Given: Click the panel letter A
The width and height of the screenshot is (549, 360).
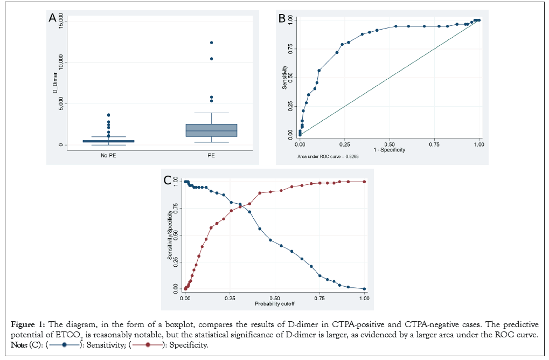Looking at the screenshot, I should [x=52, y=18].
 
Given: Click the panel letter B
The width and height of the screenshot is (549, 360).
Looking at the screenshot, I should [x=281, y=18].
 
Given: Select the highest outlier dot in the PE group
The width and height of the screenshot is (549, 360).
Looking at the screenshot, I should [x=211, y=43].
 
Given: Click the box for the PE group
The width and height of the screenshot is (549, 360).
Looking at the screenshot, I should [x=211, y=130].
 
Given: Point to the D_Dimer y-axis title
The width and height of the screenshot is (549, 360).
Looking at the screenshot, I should [x=54, y=86].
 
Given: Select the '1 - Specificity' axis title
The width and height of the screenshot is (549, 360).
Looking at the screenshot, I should [x=389, y=150].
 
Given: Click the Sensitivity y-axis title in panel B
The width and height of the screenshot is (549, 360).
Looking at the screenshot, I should [x=285, y=77].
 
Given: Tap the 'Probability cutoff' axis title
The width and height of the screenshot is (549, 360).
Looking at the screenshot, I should [x=275, y=304].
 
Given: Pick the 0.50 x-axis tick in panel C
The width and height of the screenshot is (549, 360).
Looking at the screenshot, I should [x=275, y=298].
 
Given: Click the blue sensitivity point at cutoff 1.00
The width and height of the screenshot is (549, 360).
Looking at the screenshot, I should [x=365, y=289].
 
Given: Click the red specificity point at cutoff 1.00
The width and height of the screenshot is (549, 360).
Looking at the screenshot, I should [x=365, y=182].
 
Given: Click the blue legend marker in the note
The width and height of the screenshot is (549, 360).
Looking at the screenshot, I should [x=64, y=345].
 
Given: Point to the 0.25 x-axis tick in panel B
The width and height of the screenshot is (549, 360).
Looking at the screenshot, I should [x=345, y=144].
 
